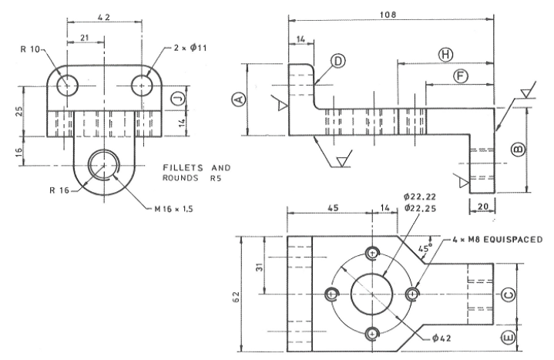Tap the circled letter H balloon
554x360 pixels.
tap(445, 54)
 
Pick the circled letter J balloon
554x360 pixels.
tap(176, 99)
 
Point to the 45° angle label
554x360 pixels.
tap(424, 249)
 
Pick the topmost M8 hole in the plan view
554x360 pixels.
tap(374, 253)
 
